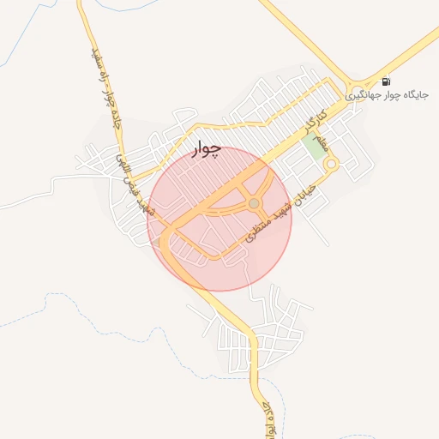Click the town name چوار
(206, 149)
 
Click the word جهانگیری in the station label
(364, 96)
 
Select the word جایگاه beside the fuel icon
(415, 96)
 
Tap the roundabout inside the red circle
(254, 203)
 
